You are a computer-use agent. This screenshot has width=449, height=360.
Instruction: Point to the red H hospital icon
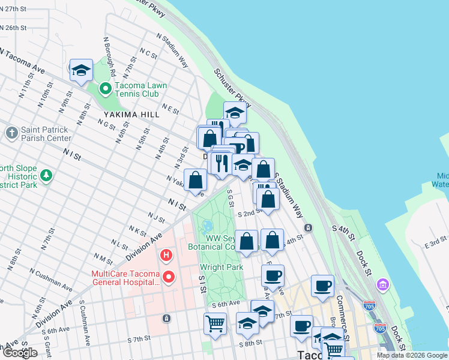(x=166, y=256)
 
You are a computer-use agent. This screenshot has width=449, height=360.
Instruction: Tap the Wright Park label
(x=221, y=266)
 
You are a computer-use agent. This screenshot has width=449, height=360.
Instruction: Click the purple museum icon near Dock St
(x=382, y=283)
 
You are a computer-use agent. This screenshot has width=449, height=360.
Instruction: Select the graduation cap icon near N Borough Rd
(x=81, y=71)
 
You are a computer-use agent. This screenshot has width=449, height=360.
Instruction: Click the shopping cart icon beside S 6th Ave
(x=215, y=323)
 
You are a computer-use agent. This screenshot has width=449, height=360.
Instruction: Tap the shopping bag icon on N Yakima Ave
(x=196, y=180)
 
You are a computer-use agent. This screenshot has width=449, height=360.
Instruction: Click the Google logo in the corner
(x=19, y=353)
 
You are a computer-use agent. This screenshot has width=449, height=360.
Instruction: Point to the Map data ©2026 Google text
(x=412, y=355)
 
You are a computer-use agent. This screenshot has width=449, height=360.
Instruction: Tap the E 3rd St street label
(x=436, y=244)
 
